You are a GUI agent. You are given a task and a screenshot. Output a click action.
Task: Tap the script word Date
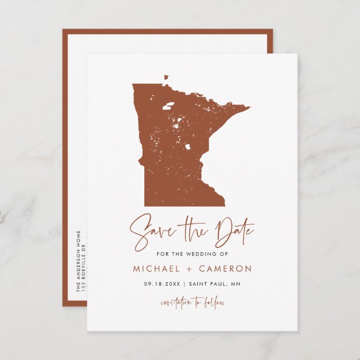(233, 229)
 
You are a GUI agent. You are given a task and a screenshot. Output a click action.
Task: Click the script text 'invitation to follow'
(192, 303)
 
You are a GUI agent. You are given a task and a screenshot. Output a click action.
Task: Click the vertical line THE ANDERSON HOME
(78, 260)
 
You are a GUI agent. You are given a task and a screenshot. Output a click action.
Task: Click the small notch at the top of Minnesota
(166, 78)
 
